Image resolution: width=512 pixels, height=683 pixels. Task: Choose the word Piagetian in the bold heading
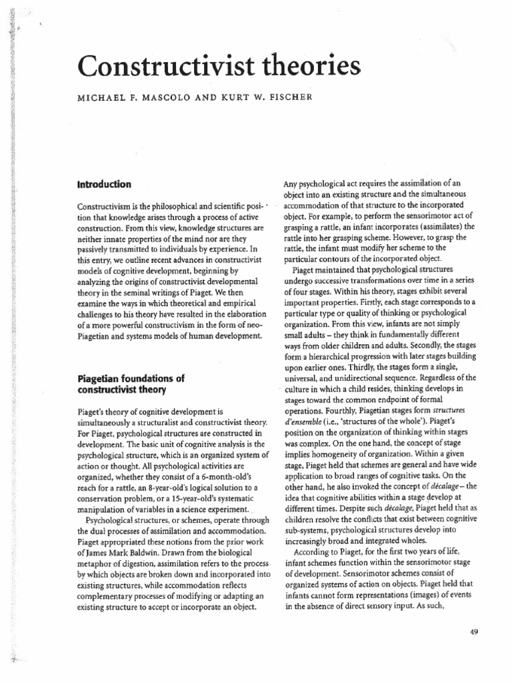[101, 378]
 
